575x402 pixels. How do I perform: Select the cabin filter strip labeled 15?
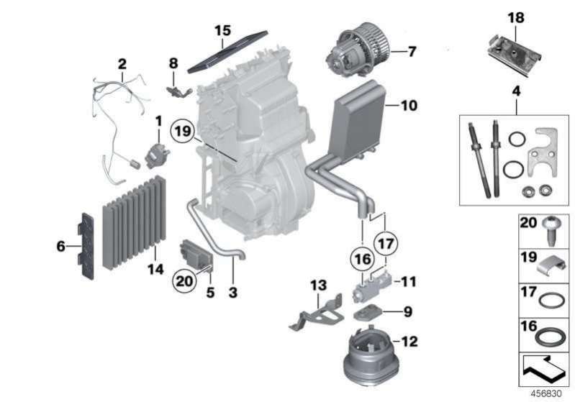pos(227,52)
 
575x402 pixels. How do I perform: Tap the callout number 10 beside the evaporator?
pos(409,106)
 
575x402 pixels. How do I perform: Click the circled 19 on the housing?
pos(183,132)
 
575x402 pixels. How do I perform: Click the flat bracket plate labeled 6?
pos(87,244)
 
